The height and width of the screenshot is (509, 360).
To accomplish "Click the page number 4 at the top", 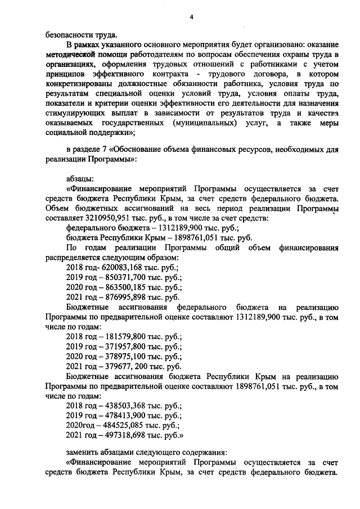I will pyautogui.click(x=191, y=18).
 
